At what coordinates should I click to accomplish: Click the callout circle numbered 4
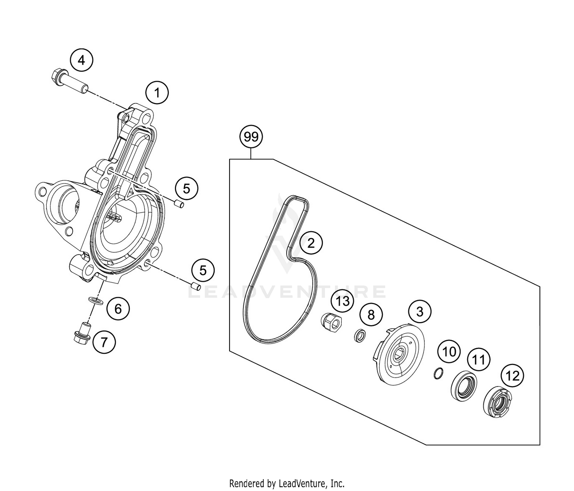point(82,60)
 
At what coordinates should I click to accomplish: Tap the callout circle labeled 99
point(251,137)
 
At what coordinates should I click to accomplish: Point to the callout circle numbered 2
point(311,242)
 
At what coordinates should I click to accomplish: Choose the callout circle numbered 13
point(343,301)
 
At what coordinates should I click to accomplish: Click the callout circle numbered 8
point(370,315)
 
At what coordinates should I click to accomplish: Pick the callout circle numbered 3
point(419,312)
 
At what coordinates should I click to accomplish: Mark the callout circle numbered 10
point(449,351)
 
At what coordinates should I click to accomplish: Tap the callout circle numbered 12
point(512,376)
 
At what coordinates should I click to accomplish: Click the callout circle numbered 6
point(118,308)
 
